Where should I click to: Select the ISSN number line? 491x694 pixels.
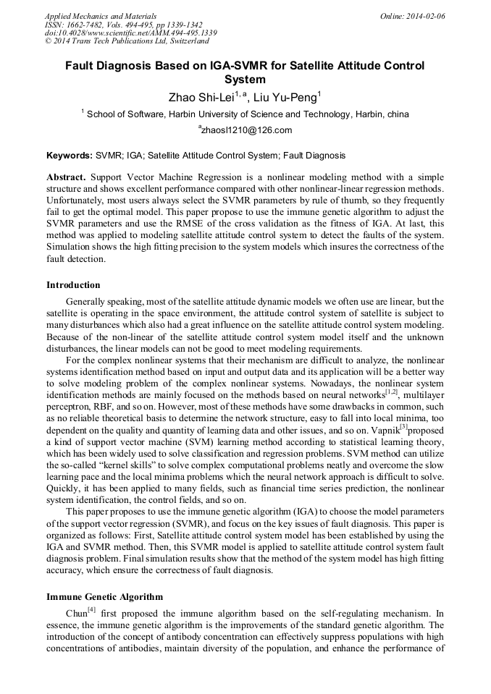tap(123, 25)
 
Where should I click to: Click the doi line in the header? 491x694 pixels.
tap(130, 33)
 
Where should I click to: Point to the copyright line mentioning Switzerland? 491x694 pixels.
tap(127, 42)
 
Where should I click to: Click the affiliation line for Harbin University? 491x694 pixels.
tap(246, 114)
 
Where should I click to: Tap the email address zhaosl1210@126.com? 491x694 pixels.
tap(246, 131)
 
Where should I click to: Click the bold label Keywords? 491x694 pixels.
tap(70, 156)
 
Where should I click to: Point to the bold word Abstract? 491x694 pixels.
tap(66, 177)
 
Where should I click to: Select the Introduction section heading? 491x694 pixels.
tap(73, 285)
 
